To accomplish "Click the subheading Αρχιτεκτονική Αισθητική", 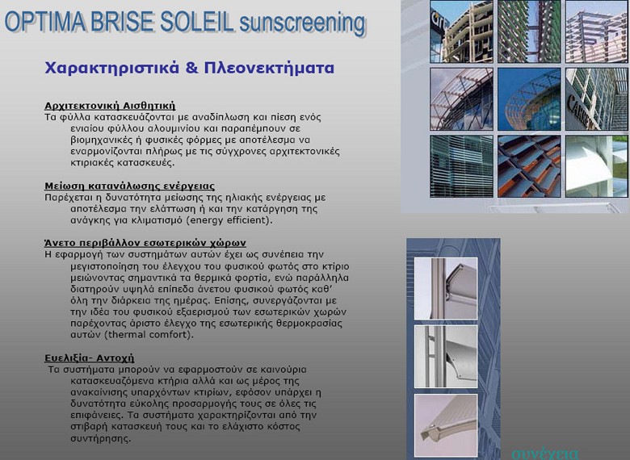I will coord(110,106).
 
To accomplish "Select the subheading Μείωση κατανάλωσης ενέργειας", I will coord(129,186).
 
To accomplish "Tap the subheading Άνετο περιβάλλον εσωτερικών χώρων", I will coord(145,242).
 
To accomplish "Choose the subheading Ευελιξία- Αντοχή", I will coord(89,358).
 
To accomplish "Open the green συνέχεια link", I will coord(545,453).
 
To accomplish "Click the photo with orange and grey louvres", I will coord(529,165).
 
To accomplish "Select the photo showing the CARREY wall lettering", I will coord(597,98).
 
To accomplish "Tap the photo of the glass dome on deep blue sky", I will coord(529,98).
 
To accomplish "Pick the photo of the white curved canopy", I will coord(597,165).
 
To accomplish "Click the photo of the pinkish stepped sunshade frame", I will coord(597,31).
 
